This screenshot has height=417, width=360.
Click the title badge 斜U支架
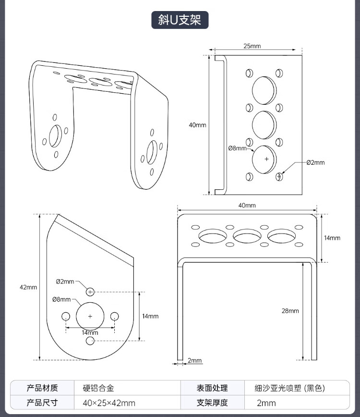click(180, 20)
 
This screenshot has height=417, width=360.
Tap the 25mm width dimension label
click(252, 46)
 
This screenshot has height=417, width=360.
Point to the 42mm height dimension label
click(28, 287)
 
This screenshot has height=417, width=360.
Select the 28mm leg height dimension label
click(290, 311)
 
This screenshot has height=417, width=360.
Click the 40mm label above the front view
click(247, 205)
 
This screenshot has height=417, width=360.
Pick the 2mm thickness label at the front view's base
click(195, 360)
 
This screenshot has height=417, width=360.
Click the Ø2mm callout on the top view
click(315, 162)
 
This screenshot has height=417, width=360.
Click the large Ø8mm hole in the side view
click(90, 316)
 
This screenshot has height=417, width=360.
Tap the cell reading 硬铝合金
click(98, 388)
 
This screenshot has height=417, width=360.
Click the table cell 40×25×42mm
click(109, 403)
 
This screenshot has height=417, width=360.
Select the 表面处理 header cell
click(212, 388)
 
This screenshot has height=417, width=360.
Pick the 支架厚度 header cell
click(212, 403)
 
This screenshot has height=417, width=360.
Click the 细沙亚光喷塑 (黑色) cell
click(293, 388)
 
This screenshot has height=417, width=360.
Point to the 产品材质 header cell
click(42, 388)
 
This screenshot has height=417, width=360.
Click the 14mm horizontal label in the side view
click(90, 332)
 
